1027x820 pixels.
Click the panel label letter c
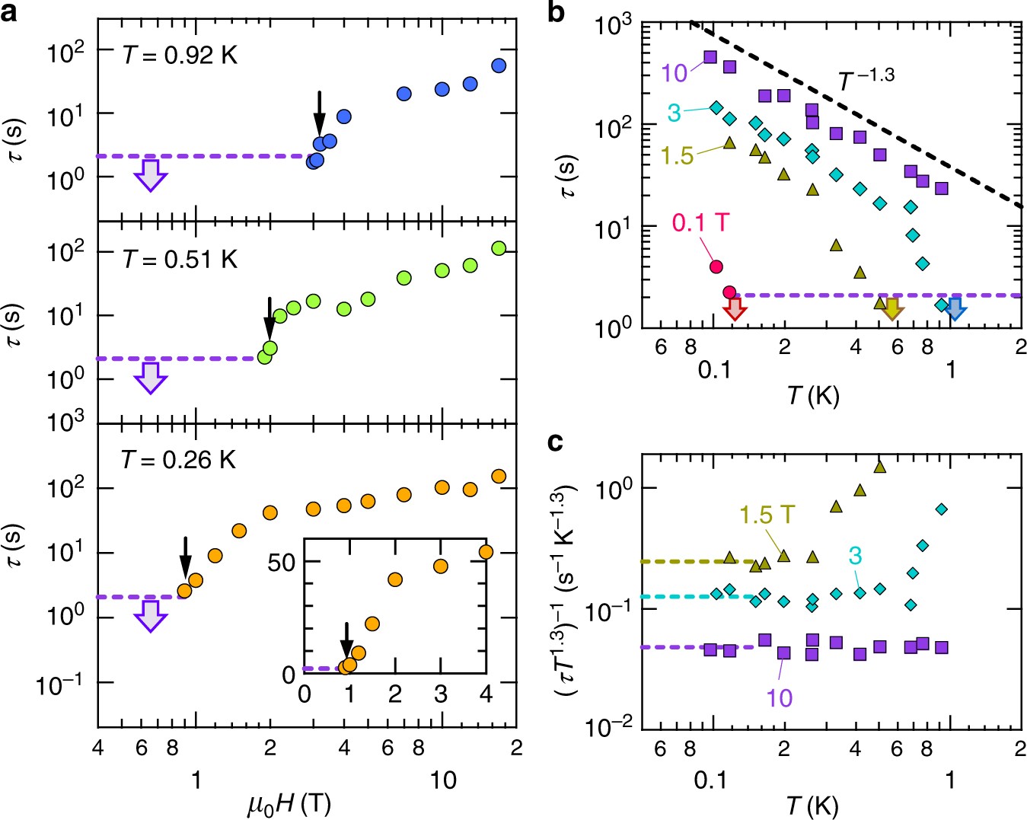[x=557, y=442]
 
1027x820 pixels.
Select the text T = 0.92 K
[x=180, y=56]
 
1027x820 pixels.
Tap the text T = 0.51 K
[x=180, y=260]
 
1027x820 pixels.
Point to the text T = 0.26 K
[x=179, y=460]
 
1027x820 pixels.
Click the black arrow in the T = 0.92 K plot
[x=320, y=113]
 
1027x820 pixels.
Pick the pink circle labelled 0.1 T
[x=716, y=266]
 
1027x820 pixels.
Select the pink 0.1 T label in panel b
[x=700, y=223]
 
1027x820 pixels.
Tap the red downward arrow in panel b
[x=735, y=308]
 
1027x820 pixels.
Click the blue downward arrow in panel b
[x=955, y=308]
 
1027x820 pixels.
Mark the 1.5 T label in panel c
[x=767, y=515]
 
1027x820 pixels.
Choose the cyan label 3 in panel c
[x=855, y=556]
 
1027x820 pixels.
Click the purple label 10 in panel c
[x=779, y=697]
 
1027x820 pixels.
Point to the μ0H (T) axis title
[x=289, y=804]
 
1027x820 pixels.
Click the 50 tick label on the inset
[x=281, y=563]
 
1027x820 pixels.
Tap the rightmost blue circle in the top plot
[x=499, y=66]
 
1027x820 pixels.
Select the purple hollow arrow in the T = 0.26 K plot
[x=151, y=616]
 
